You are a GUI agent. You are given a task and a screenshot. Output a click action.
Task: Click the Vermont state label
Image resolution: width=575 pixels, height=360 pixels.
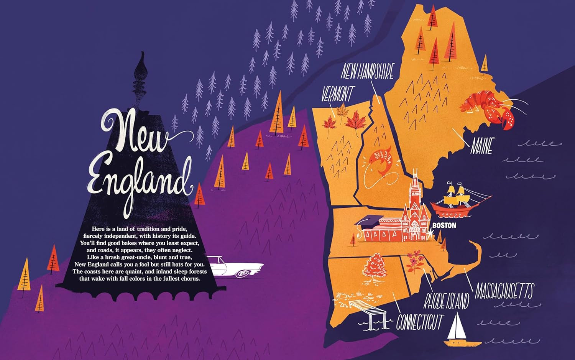338,94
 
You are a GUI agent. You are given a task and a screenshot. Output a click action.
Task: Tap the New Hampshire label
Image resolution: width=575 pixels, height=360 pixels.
367,71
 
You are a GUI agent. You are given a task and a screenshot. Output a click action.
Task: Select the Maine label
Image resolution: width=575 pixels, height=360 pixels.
481,146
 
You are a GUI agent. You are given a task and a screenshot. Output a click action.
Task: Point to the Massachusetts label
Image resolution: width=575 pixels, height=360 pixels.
504,292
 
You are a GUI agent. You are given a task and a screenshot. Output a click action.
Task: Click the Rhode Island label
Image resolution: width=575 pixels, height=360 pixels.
446,301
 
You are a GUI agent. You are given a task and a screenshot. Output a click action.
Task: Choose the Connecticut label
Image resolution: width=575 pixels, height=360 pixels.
420,322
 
